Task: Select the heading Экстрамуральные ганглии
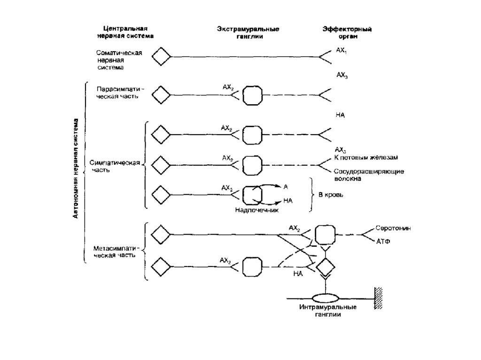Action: tap(248, 32)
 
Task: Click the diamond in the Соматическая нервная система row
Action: tap(162, 57)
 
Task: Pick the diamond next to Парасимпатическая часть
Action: tap(162, 95)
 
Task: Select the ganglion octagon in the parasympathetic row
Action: tap(252, 95)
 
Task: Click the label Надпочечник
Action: tap(257, 210)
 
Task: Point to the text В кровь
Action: tap(331, 195)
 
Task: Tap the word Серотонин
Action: tap(393, 228)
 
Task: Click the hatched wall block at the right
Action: tap(378, 297)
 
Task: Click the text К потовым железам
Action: tap(368, 157)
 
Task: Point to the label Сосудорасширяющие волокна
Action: tap(369, 175)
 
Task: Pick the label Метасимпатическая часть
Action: tap(115, 252)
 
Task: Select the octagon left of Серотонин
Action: tap(324, 234)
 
